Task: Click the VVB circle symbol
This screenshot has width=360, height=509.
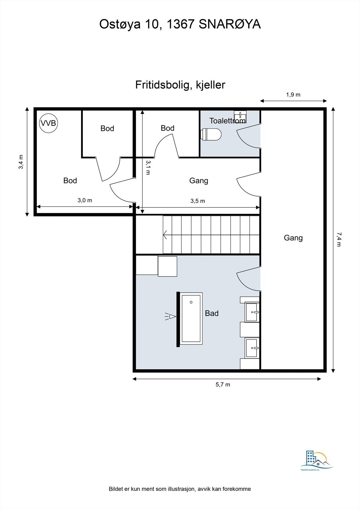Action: coord(48,123)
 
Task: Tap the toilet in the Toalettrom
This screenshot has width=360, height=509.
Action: coord(212,134)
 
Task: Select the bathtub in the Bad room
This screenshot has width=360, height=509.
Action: coord(191,318)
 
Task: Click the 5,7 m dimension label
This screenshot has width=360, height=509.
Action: coord(223,385)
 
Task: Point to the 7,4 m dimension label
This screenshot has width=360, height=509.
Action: coord(339,239)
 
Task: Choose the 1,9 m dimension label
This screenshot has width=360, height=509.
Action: coord(293,94)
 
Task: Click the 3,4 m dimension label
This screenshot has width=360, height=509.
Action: coord(21,162)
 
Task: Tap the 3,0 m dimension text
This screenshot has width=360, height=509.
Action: coord(85,200)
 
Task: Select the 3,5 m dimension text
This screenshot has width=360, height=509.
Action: coord(198,201)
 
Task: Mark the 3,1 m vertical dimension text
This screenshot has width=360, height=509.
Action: coord(148,167)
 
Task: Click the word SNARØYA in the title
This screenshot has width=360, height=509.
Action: coord(230,24)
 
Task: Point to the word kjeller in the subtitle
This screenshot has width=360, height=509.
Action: coord(210,85)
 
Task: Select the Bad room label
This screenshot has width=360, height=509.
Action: coord(212,313)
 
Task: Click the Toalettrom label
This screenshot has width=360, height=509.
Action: coord(227,121)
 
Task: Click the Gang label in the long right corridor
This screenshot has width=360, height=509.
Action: coord(293,238)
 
